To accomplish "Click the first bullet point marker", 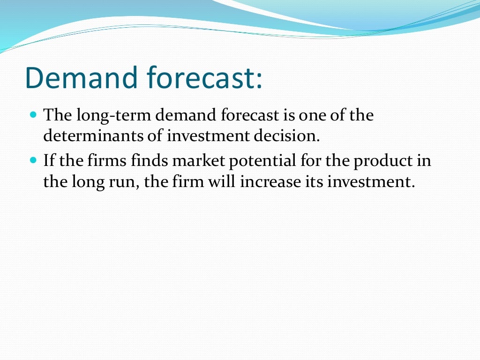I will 33,114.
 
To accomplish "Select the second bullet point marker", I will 33,160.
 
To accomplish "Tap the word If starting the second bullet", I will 49,160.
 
